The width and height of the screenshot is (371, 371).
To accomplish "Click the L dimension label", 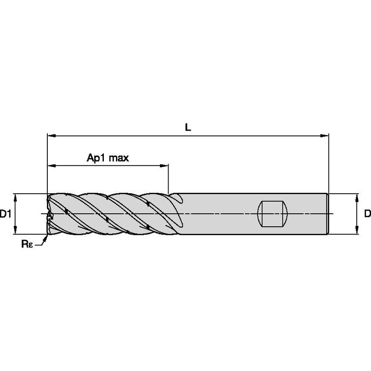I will click(188, 127).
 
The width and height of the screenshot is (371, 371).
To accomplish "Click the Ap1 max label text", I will click(108, 158).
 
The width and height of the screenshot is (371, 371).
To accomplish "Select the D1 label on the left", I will click(5, 214).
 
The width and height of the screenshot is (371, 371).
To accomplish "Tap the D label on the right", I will click(367, 214).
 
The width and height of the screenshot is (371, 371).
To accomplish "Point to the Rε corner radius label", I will click(26, 244).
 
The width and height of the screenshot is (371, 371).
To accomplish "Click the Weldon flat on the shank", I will click(273, 213).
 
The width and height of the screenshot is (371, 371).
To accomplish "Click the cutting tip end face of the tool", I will click(48, 214).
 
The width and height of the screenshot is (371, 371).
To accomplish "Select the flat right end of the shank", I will click(328, 214).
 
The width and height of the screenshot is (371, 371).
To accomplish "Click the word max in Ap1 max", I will click(119, 158).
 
